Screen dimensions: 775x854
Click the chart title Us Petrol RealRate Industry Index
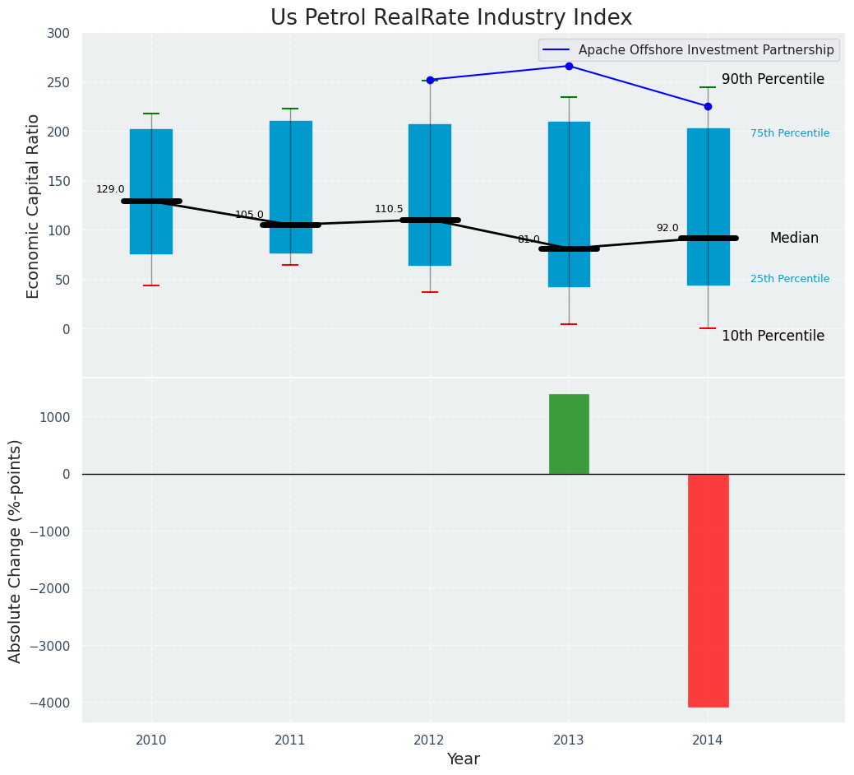451,18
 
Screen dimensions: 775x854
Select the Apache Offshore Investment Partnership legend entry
705,50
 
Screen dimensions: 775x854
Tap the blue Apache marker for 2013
569,66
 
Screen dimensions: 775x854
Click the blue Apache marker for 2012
430,80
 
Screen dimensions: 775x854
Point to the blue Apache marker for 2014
708,106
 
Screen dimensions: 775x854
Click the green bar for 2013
569,434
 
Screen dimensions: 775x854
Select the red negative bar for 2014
708,590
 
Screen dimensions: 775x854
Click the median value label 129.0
110,189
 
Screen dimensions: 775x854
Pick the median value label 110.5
389,209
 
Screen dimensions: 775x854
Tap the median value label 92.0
667,228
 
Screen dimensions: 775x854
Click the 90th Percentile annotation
773,80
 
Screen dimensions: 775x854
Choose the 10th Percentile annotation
773,336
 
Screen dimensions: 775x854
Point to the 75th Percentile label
789,133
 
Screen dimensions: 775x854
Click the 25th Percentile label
789,279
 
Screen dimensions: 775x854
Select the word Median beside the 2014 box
794,238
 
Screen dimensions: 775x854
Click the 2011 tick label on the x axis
290,740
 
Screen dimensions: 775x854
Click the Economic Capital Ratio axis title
34,206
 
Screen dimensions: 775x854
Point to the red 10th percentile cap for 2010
151,285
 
